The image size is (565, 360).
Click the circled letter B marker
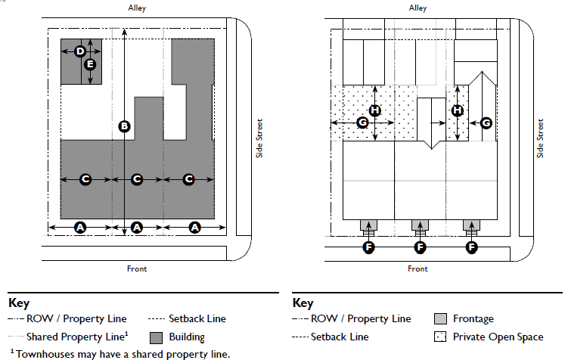[125, 126]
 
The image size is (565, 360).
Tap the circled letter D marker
[80, 51]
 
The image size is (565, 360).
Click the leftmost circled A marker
[80, 228]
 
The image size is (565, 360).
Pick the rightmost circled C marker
[189, 179]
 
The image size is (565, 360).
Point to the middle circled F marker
[421, 247]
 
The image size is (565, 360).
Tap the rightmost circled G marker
[486, 122]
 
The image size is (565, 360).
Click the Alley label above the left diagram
[137, 8]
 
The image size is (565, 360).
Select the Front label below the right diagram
[418, 268]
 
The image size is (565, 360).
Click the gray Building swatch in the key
[157, 337]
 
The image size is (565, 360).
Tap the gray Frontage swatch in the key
[442, 319]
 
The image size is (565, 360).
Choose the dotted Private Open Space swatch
[442, 337]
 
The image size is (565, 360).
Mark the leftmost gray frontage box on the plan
[368, 225]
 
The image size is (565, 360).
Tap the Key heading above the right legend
[303, 303]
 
